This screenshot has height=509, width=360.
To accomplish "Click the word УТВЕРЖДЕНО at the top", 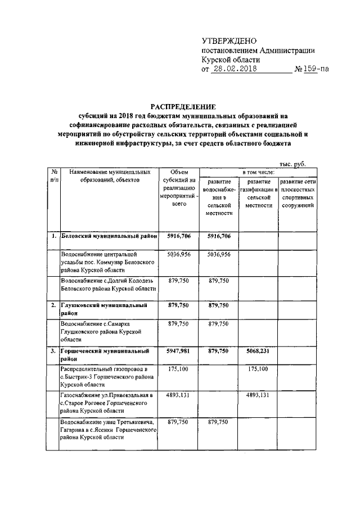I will (229, 41).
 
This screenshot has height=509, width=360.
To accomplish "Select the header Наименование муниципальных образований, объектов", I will (107, 175).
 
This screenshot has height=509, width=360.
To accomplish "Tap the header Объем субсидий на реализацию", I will (179, 188).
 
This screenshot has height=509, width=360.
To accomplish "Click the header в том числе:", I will (259, 170).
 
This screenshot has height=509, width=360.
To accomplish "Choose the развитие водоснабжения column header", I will (219, 197).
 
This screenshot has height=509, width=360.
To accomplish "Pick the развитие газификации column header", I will (259, 194).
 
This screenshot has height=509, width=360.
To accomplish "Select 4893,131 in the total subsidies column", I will (179, 395).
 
